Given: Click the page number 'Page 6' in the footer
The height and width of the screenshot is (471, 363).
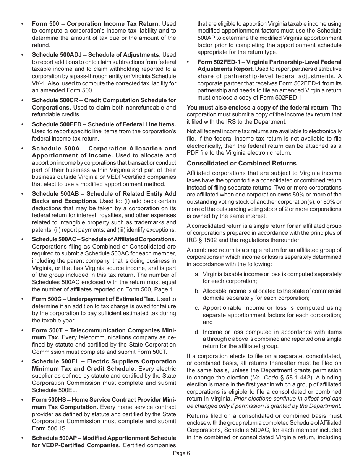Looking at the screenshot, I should pyautogui.click(x=181, y=453).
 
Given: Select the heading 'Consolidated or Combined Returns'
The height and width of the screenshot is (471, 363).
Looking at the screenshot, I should pyautogui.click(x=241, y=163).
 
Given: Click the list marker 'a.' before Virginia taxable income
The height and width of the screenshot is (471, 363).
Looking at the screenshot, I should pyautogui.click(x=197, y=274).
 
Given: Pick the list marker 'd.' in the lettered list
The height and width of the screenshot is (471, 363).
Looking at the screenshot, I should pyautogui.click(x=197, y=332).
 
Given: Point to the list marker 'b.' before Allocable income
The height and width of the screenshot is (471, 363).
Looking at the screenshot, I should pyautogui.click(x=197, y=291).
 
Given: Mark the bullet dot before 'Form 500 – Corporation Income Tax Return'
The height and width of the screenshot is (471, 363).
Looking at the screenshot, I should pyautogui.click(x=23, y=24).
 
